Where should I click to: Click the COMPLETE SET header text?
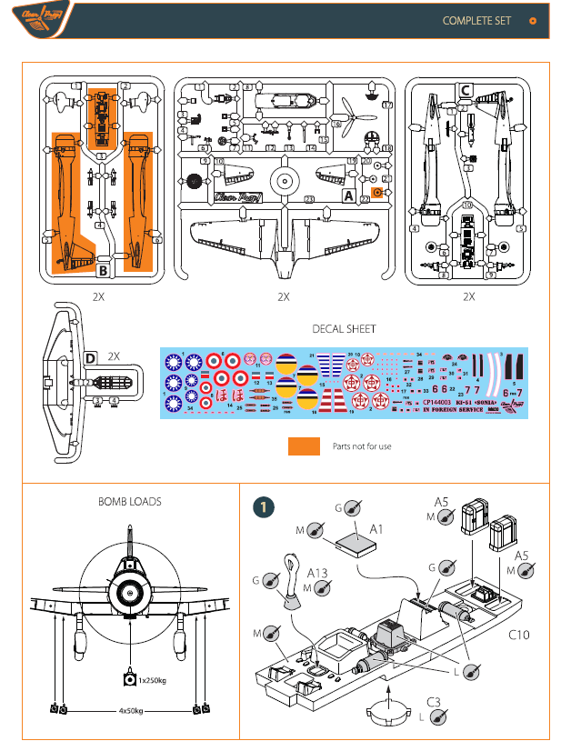[x=476, y=20]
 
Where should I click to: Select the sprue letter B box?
[x=104, y=270]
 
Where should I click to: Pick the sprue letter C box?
[x=466, y=90]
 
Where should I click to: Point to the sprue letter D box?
[x=91, y=358]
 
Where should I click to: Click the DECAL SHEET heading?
[x=344, y=329]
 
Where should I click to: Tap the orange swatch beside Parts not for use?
[x=304, y=446]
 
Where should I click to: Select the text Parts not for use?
[x=362, y=446]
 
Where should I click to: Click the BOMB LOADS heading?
[x=130, y=502]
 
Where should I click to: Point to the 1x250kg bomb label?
[x=154, y=678]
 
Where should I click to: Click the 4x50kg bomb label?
[x=131, y=710]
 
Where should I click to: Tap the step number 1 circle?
[x=263, y=507]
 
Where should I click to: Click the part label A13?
[x=317, y=573]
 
